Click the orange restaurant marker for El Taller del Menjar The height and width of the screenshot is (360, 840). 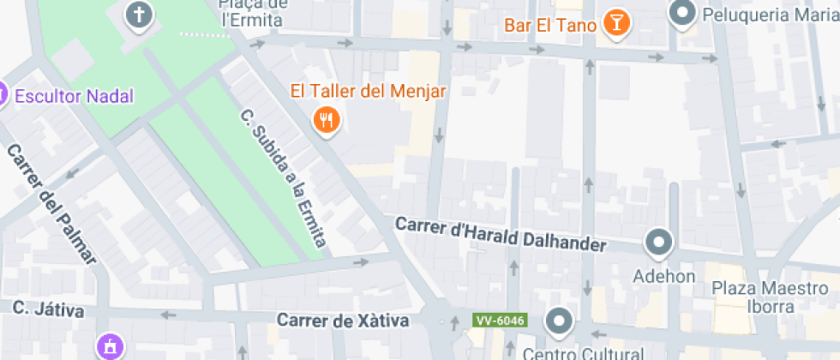(x=327, y=120)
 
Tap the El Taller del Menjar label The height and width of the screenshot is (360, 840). (x=369, y=91)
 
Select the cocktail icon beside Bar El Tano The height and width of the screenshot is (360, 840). (x=615, y=23)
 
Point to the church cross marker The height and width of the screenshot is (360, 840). (x=138, y=15)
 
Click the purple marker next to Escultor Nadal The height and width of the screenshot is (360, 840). (x=2, y=93)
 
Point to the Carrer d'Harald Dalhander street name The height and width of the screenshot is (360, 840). (x=500, y=234)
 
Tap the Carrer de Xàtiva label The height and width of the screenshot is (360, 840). (x=343, y=321)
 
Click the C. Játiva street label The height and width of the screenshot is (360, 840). (x=48, y=309)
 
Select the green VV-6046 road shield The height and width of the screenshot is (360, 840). (x=498, y=320)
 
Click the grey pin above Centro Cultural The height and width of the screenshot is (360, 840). (x=559, y=321)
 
